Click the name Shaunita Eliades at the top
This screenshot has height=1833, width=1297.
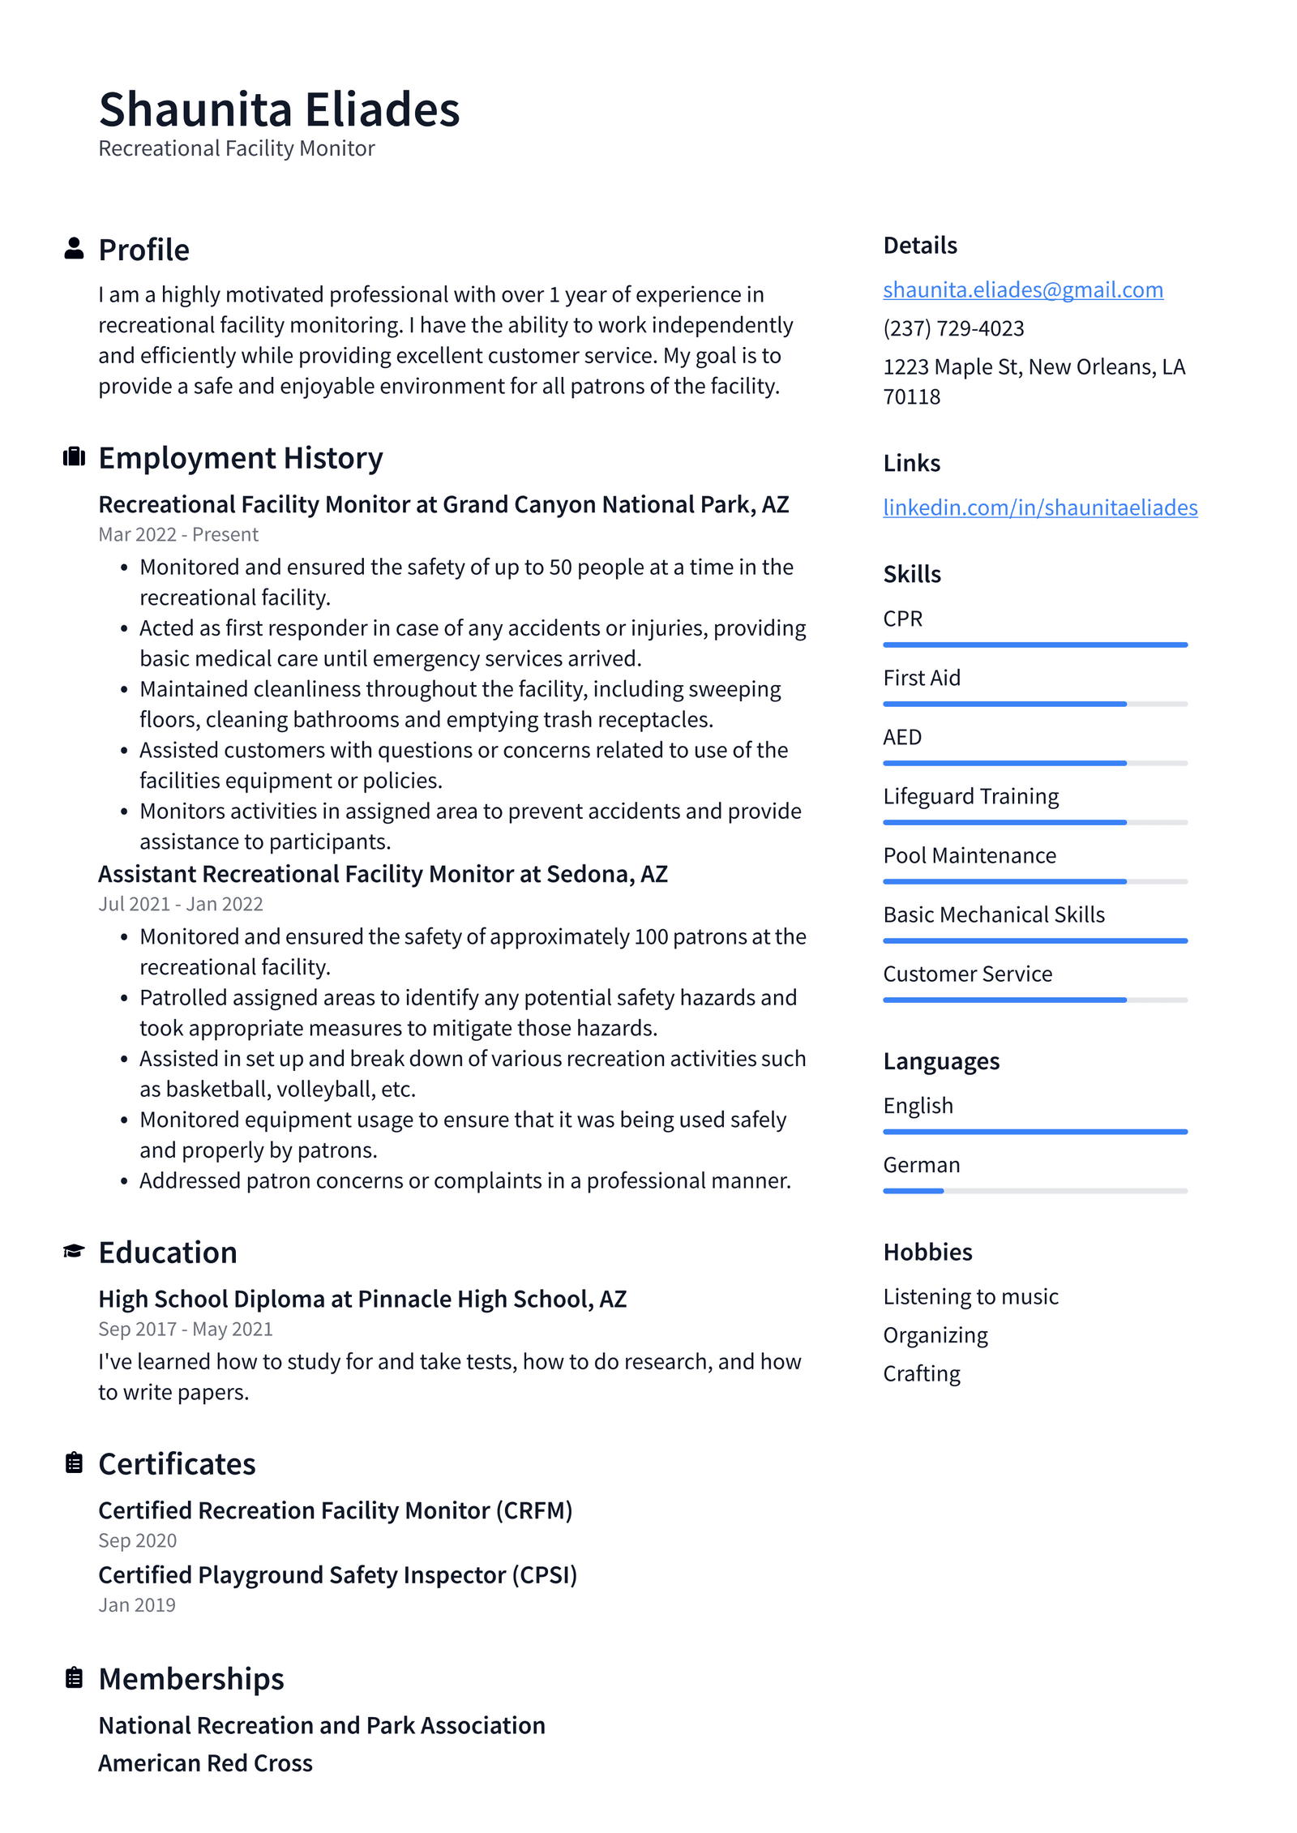click(279, 109)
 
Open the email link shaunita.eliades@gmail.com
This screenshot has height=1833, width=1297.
click(1022, 289)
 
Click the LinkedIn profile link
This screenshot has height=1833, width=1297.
click(1039, 507)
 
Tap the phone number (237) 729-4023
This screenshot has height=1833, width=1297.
click(953, 328)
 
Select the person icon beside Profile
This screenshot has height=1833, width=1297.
click(74, 248)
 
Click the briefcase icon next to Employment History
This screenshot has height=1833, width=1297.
click(74, 456)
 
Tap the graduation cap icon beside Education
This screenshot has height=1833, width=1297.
click(74, 1251)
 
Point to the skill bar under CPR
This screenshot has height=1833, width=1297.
click(1034, 645)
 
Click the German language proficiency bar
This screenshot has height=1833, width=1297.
click(1034, 1191)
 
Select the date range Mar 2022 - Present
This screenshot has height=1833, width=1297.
click(178, 534)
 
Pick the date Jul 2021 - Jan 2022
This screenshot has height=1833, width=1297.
click(181, 904)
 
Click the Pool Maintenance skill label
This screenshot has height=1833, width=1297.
click(970, 855)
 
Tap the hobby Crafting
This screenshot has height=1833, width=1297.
click(922, 1373)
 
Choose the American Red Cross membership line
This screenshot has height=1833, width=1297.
click(205, 1763)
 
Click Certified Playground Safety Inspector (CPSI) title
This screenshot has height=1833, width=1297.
click(337, 1574)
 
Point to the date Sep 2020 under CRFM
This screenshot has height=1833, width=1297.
click(137, 1540)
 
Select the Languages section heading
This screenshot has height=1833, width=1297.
click(941, 1061)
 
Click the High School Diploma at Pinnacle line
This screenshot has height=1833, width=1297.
click(362, 1299)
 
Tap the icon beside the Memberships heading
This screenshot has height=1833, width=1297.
click(74, 1677)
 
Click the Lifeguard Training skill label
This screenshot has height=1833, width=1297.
click(970, 796)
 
